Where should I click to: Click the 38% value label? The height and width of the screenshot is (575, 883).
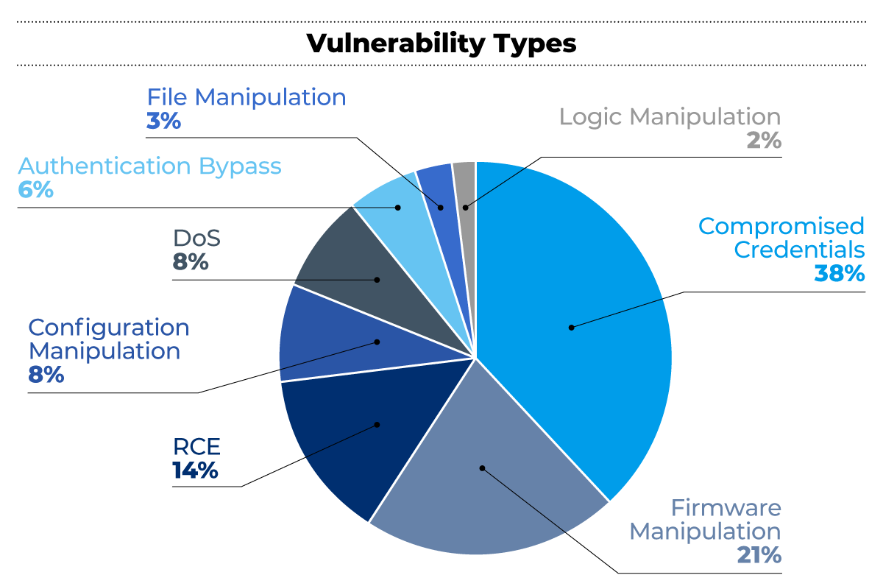[x=839, y=274]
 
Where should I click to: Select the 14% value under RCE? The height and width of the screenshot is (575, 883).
[x=195, y=471]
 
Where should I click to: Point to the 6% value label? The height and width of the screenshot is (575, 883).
[x=35, y=190]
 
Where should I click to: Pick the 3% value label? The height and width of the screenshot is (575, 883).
[x=163, y=121]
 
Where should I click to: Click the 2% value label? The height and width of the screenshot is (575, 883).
[x=764, y=141]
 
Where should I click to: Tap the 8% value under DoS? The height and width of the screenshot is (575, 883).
[x=191, y=262]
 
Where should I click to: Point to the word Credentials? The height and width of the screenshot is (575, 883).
[x=799, y=250]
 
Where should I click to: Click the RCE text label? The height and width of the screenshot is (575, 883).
[x=196, y=447]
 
